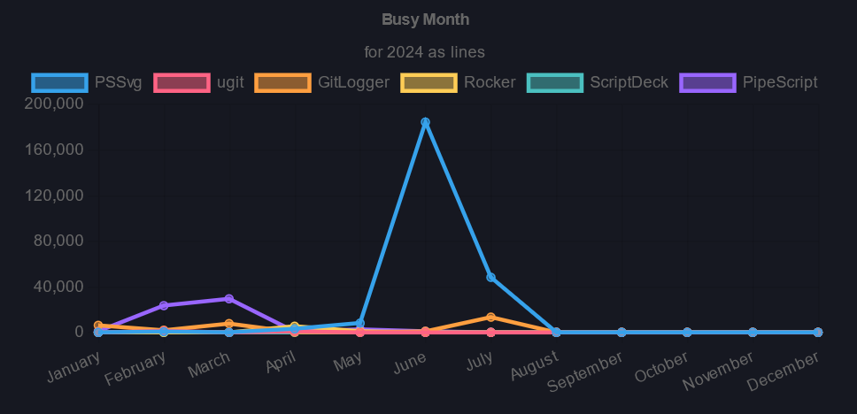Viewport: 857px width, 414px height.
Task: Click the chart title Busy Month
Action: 425,19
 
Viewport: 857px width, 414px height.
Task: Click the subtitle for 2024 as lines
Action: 425,52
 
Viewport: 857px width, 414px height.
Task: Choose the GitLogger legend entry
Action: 322,82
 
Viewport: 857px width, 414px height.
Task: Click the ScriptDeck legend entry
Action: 598,82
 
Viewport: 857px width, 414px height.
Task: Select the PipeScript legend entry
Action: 749,82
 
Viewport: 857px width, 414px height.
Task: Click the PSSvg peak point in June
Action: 425,122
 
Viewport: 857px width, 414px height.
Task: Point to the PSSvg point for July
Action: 490,277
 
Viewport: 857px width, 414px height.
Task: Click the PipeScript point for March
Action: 228,298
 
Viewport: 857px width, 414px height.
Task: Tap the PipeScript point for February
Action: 164,305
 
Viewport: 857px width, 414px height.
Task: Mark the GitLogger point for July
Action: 490,317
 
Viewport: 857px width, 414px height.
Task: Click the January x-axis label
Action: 74,364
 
